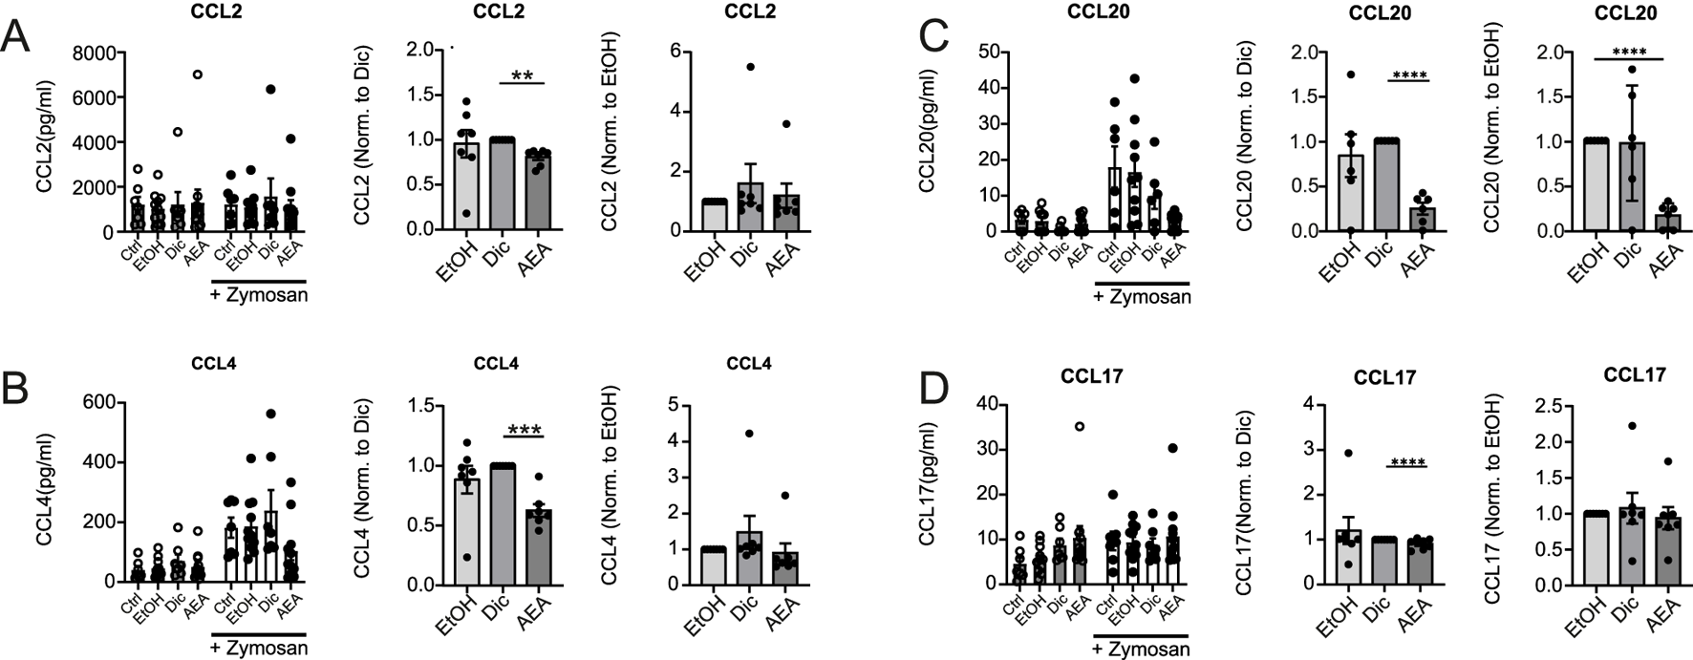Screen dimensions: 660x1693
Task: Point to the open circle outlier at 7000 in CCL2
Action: pyautogui.click(x=198, y=75)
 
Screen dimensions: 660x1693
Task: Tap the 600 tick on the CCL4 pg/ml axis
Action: pyautogui.click(x=98, y=403)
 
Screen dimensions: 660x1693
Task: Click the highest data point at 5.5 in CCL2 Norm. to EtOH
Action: pyautogui.click(x=750, y=66)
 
